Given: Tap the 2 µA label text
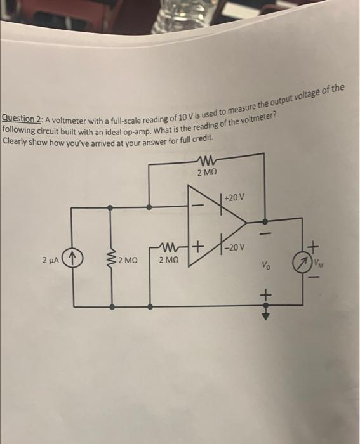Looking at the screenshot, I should tap(51, 260).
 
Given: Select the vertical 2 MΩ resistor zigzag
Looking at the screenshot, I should tap(113, 259).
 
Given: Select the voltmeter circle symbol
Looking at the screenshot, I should tap(301, 262).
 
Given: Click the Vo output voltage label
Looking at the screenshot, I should tap(265, 267).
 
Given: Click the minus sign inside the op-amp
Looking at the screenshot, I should tap(198, 207).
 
